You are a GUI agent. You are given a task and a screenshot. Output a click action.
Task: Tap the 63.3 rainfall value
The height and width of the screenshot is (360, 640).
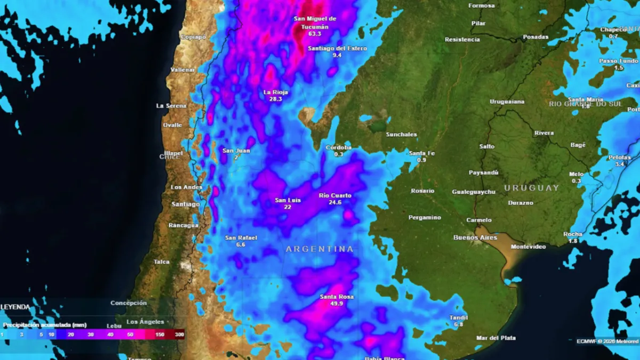click(x=315, y=34)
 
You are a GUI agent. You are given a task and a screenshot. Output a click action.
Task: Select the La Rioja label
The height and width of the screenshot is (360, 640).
click(x=276, y=92)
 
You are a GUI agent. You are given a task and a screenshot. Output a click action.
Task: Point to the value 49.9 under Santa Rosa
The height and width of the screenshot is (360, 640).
click(x=337, y=303)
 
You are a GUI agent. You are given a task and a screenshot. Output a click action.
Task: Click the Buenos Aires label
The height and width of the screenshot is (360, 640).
click(x=475, y=237)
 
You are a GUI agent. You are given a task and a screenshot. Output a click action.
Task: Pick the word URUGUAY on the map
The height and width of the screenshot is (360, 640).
click(x=531, y=188)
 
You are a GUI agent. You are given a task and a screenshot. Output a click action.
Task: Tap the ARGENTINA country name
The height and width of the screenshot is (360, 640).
click(x=319, y=249)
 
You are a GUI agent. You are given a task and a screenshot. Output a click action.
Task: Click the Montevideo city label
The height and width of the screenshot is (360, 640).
click(x=528, y=246)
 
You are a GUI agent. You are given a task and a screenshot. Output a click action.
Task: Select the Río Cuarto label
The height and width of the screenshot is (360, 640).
click(x=335, y=195)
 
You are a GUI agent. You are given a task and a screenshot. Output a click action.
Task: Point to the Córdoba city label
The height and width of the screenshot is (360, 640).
click(x=339, y=147)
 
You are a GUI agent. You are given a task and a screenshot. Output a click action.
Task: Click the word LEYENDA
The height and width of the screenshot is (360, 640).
click(x=15, y=307)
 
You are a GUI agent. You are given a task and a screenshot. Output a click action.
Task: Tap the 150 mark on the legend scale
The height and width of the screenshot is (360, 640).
click(x=159, y=334)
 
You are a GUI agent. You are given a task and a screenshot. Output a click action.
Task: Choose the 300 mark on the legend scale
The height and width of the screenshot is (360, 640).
click(x=180, y=334)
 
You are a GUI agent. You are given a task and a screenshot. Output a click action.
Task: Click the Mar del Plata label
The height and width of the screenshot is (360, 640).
click(x=496, y=338)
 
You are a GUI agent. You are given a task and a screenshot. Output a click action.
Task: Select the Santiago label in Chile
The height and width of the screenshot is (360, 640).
click(x=186, y=204)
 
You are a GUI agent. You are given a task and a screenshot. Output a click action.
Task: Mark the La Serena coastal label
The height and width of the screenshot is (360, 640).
click(x=171, y=106)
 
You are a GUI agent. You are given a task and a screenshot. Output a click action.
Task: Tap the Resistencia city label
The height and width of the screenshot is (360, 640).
click(x=462, y=39)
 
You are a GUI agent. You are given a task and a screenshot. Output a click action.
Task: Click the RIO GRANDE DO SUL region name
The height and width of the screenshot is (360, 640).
click(x=585, y=104)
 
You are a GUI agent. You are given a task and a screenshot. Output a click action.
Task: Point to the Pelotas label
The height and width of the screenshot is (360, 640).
click(x=619, y=157)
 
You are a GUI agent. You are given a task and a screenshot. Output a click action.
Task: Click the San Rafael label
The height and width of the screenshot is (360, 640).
click(x=241, y=238)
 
